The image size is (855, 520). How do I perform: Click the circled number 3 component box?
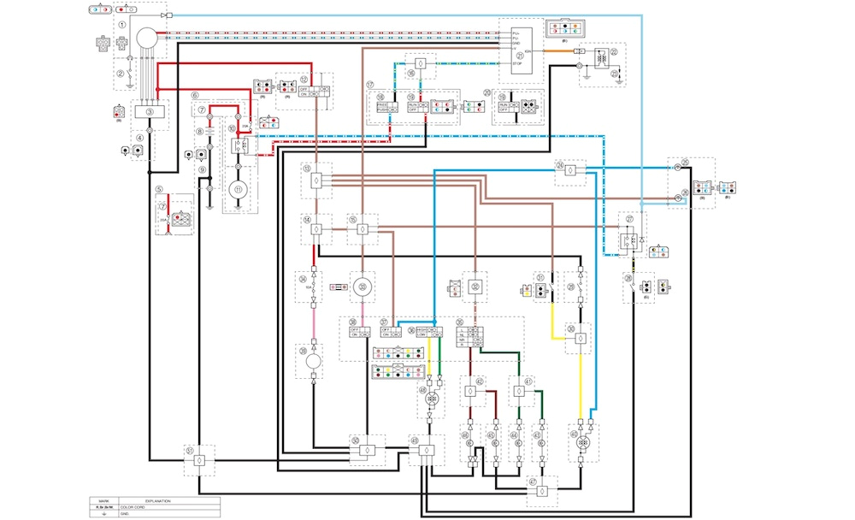(x=150, y=111)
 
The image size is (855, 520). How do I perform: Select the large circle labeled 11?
(x=239, y=188)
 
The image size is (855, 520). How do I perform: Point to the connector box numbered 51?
(x=198, y=460)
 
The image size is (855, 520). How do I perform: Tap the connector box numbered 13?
(x=316, y=180)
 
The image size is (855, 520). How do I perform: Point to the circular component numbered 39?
(x=312, y=363)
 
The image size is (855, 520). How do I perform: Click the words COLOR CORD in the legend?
(x=138, y=506)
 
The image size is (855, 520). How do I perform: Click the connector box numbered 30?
(x=580, y=339)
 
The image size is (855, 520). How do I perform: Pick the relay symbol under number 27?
(x=630, y=242)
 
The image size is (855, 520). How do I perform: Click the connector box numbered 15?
(x=363, y=229)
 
